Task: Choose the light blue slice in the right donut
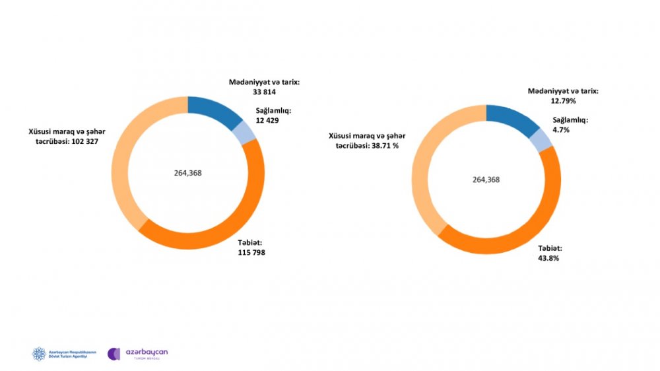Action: [x=541, y=139]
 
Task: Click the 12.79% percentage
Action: [x=549, y=101]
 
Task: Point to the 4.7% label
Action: [x=561, y=130]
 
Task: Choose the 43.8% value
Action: [x=548, y=258]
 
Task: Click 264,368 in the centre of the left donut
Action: [x=188, y=173]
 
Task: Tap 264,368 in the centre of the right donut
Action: [x=486, y=180]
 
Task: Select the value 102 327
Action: [x=82, y=143]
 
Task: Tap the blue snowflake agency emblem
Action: [x=40, y=354]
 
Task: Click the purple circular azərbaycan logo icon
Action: [x=114, y=354]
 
